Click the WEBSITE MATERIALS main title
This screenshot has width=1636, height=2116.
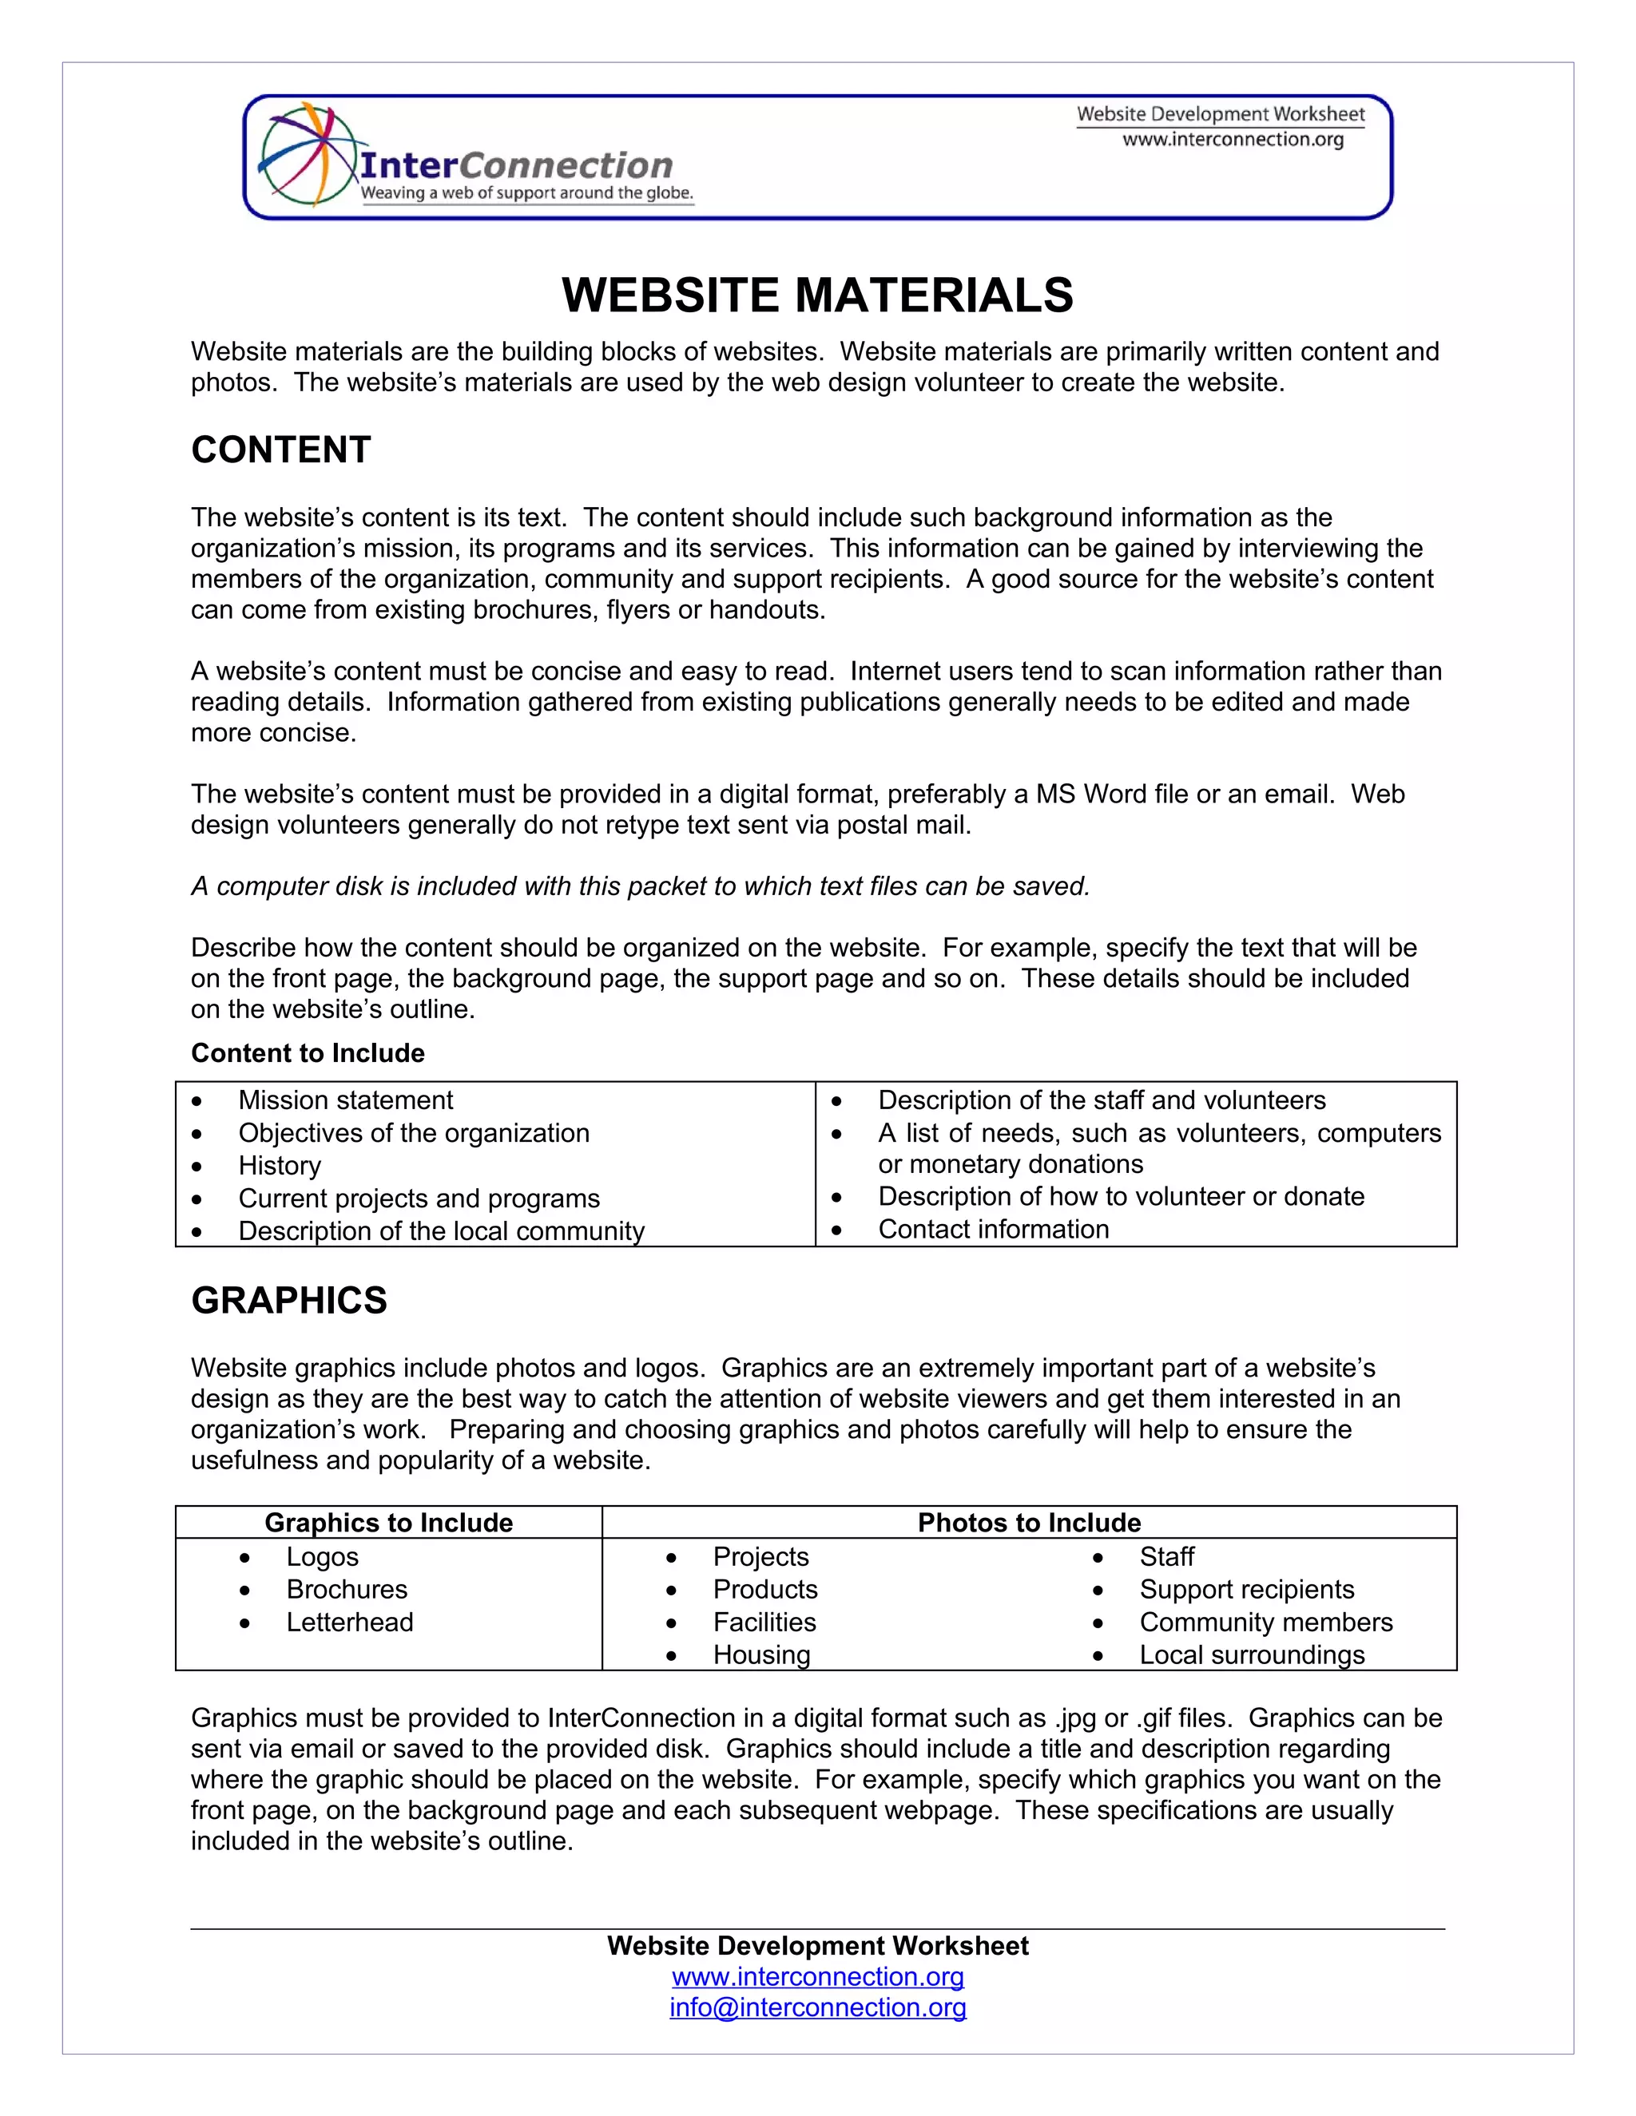(x=817, y=295)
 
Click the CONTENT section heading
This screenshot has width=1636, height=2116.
(x=281, y=450)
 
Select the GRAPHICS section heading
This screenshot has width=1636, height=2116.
(x=289, y=1300)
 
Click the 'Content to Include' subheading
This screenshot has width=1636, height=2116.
(x=308, y=1053)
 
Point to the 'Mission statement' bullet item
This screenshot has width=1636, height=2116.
(x=345, y=1100)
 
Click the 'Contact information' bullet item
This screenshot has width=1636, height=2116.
(x=994, y=1230)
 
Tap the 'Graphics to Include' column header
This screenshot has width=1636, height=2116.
(x=389, y=1523)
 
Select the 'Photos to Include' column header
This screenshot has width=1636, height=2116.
(x=1029, y=1523)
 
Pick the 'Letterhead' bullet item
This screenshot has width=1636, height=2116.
(x=349, y=1623)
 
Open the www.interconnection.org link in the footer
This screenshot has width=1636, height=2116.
(x=818, y=1977)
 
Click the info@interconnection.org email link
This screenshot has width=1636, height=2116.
(x=818, y=2008)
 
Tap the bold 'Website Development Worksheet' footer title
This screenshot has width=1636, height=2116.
(x=818, y=1947)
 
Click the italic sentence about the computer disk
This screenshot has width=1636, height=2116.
(x=641, y=886)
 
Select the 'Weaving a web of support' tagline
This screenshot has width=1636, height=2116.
(x=527, y=192)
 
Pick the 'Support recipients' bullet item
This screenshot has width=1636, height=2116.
(x=1246, y=1590)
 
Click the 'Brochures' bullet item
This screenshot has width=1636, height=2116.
(x=346, y=1590)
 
